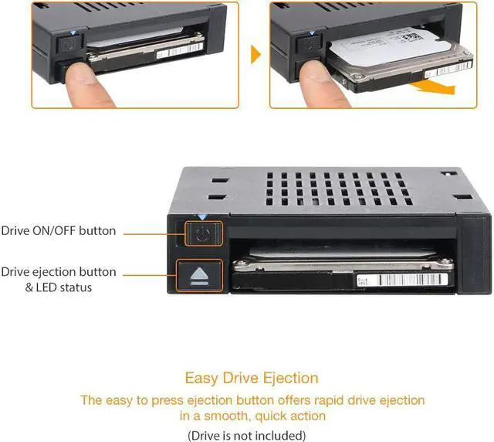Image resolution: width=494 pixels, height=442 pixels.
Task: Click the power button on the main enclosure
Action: [201, 235]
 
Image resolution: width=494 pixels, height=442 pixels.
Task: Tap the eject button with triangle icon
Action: [200, 275]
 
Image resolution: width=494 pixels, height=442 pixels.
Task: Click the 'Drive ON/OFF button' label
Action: [59, 230]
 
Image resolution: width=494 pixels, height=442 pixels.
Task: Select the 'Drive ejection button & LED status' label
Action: [59, 280]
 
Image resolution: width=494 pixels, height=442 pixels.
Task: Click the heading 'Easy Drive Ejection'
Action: [252, 379]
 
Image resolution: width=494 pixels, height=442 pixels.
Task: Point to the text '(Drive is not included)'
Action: [247, 435]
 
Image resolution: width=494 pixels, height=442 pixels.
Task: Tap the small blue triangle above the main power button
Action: [201, 219]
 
